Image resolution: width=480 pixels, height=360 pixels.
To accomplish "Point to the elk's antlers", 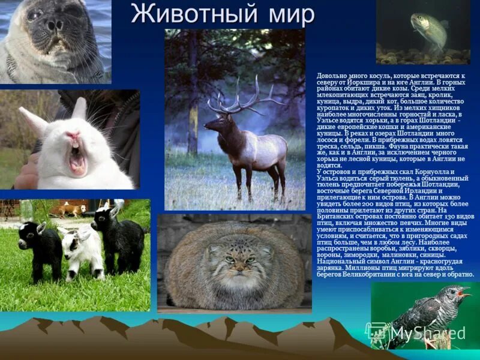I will pos(240,99).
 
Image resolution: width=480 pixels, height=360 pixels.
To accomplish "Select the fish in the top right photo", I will pos(429,30).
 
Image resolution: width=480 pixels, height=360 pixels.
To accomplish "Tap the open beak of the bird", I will pos(464,293).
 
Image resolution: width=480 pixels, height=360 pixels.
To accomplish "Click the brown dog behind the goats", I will pos(70,209).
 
